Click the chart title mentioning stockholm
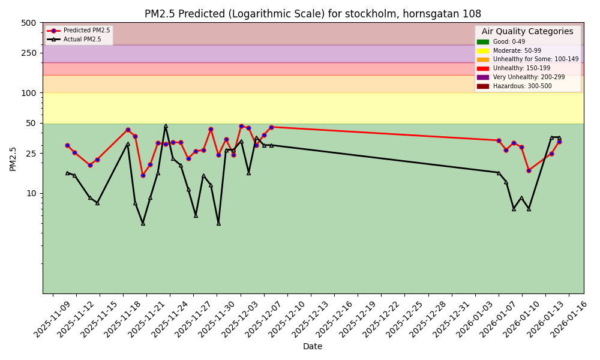click(x=313, y=14)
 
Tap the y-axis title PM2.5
click(x=13, y=158)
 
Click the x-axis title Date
click(x=313, y=347)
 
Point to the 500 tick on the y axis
click(x=29, y=23)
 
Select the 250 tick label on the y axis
click(x=29, y=53)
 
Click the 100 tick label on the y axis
click(x=29, y=93)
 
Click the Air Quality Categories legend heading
click(x=527, y=32)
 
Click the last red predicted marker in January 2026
click(x=559, y=142)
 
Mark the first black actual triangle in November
click(x=67, y=173)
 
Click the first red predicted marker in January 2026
click(x=499, y=140)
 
